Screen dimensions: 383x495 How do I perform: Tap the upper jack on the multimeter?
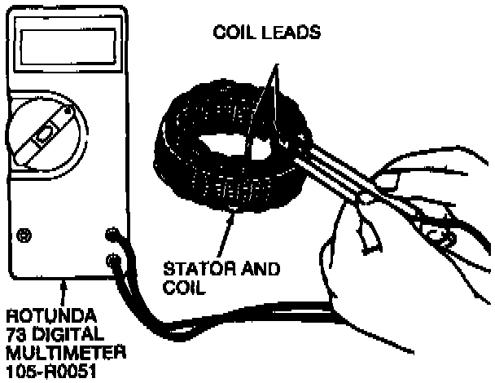click(112, 236)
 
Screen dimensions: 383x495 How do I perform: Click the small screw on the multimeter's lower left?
click(24, 236)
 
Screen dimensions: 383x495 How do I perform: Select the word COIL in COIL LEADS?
click(231, 33)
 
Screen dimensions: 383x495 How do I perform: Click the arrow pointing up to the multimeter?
click(64, 291)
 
